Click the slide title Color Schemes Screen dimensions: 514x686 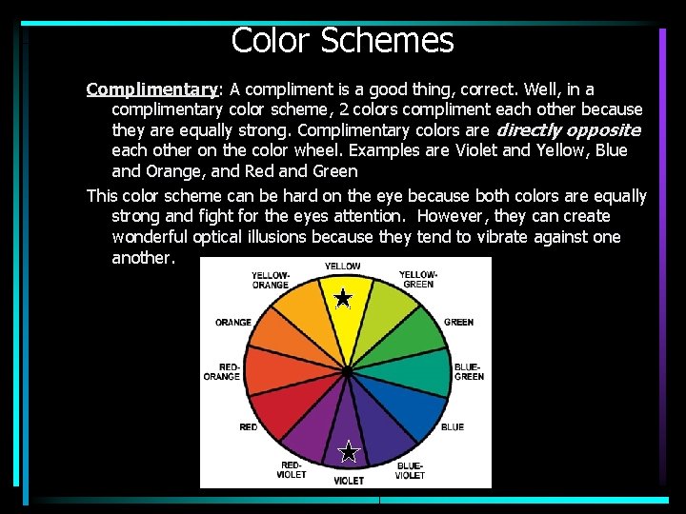pos(342,40)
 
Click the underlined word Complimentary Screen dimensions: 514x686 pos(151,89)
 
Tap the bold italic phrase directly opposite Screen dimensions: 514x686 pos(568,130)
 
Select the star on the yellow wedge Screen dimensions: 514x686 pos(343,300)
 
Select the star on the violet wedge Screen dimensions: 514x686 pos(349,451)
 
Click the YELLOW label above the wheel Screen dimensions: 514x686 pos(342,267)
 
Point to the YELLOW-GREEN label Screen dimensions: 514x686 pos(418,279)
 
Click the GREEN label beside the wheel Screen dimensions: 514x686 pos(458,323)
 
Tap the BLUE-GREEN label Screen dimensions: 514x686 pos(469,371)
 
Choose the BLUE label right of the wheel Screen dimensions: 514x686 pos(453,427)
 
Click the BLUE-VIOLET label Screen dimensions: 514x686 pos(410,469)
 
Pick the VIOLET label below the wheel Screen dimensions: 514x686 pos(348,481)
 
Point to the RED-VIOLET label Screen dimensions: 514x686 pos(291,469)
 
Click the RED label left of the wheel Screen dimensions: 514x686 pos(249,427)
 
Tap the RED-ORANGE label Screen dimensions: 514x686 pos(222,371)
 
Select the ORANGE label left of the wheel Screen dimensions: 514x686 pos(233,323)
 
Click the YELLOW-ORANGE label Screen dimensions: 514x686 pos(271,279)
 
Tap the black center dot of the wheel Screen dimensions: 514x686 pos(348,369)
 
